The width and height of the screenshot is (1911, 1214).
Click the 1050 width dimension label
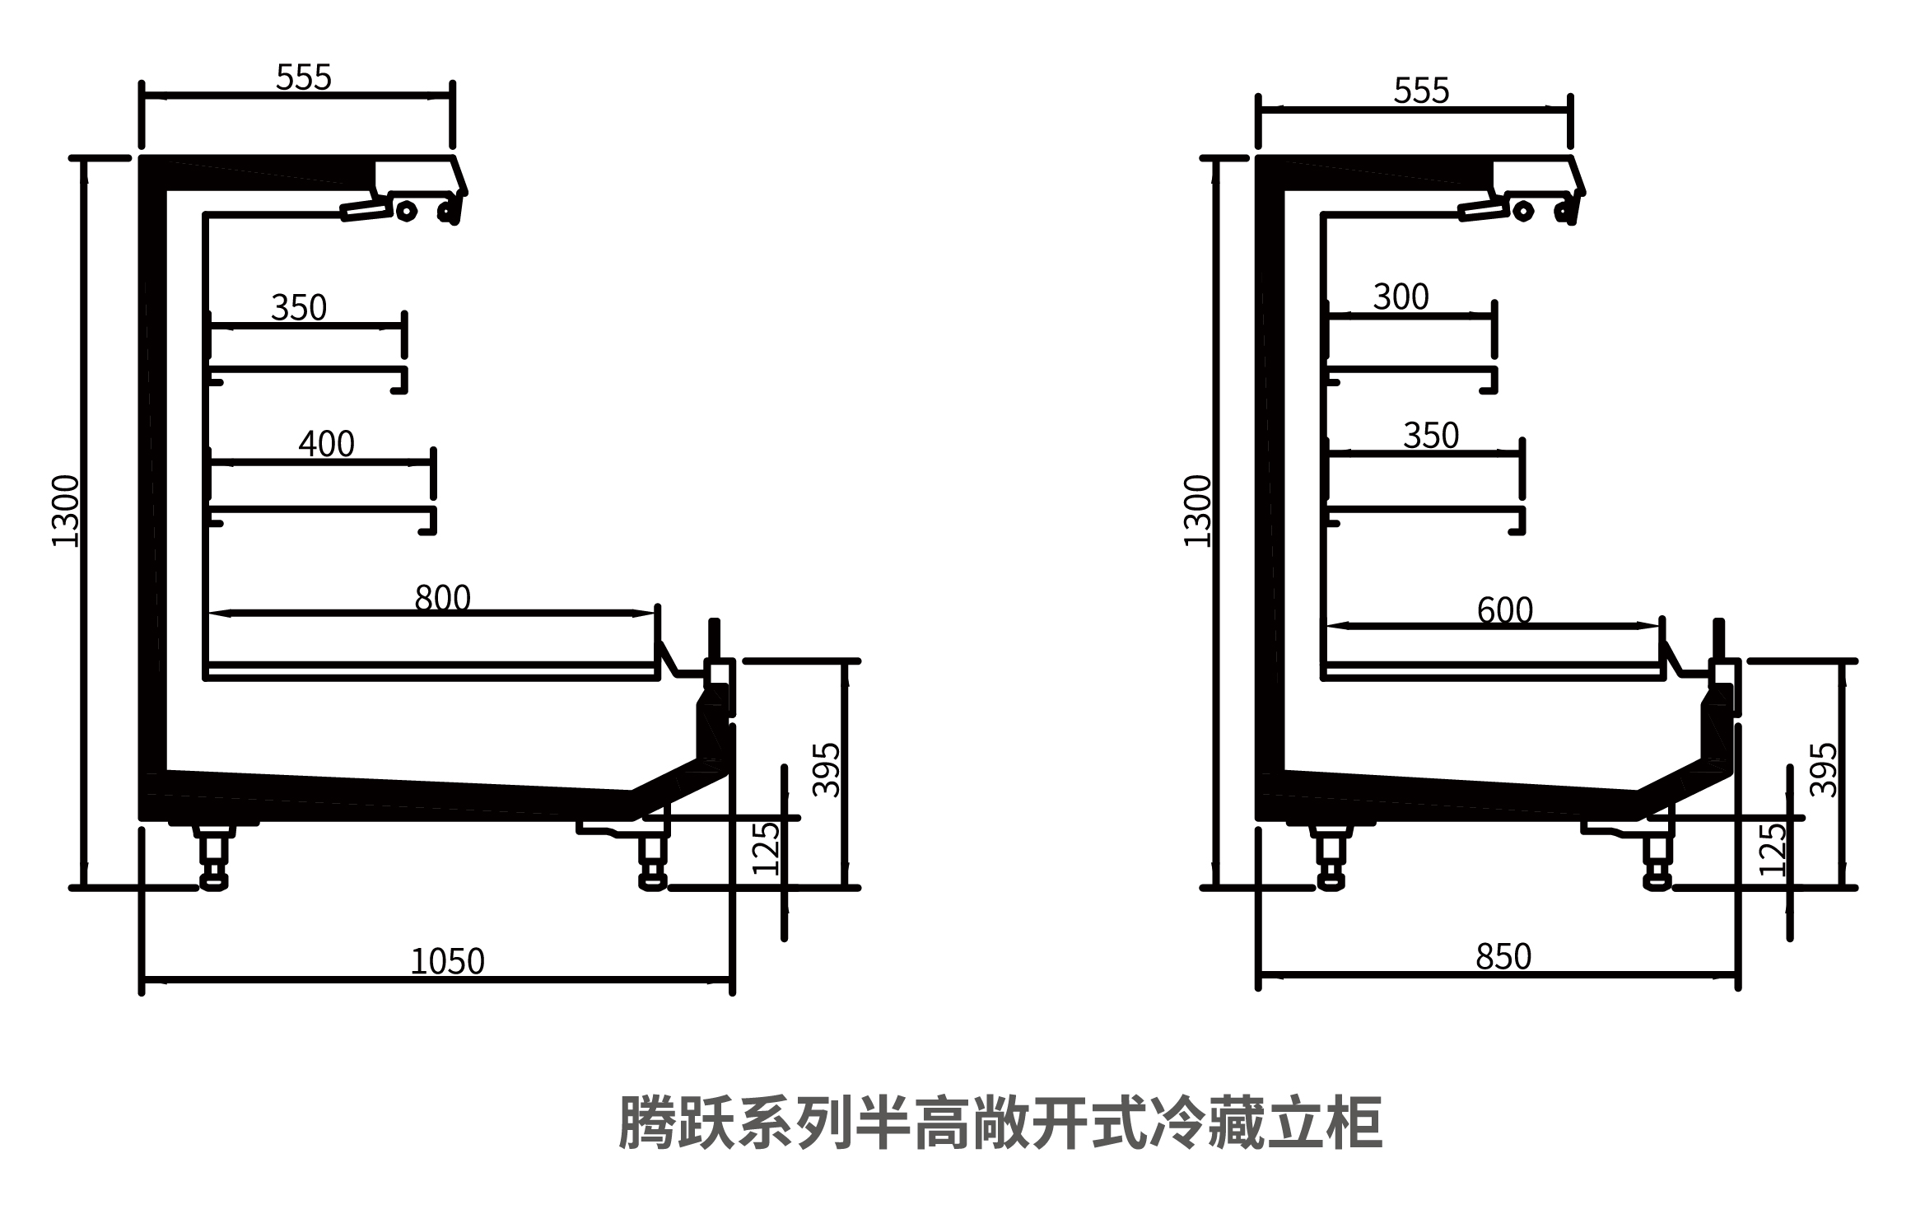[x=447, y=961]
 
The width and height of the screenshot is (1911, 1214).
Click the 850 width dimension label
[x=1503, y=957]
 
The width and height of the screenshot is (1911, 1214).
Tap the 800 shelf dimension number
[x=442, y=598]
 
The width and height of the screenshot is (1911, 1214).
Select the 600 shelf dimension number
[x=1504, y=611]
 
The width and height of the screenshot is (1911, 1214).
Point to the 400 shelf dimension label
[x=326, y=445]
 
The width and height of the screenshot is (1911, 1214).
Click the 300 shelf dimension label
[x=1401, y=297]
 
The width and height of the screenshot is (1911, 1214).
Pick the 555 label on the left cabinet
[x=303, y=78]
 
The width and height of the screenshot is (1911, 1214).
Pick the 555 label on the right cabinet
[x=1421, y=91]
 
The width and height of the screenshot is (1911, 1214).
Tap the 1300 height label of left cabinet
[x=66, y=511]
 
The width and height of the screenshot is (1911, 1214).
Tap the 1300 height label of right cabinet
[x=1198, y=511]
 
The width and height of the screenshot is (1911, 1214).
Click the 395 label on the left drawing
[x=827, y=770]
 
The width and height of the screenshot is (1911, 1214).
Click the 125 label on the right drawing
[x=1773, y=848]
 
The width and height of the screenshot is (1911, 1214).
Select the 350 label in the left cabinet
[x=298, y=308]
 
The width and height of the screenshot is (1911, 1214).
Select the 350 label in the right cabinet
[x=1430, y=436]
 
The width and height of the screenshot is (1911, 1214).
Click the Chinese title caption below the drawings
[x=1000, y=1122]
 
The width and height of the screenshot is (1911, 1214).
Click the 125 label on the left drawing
[x=766, y=848]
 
